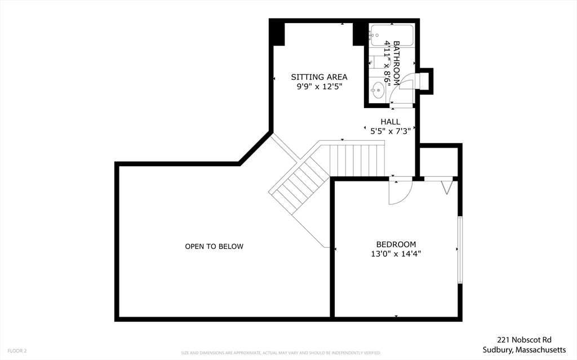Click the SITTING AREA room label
(x=319, y=77)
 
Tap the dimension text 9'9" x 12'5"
(x=319, y=87)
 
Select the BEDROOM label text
(x=396, y=244)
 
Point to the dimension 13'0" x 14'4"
(x=396, y=254)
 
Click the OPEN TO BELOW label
(x=214, y=246)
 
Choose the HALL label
(x=390, y=121)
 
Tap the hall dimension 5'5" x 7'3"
(x=390, y=131)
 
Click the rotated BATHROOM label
(x=396, y=62)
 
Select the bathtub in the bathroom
(x=392, y=35)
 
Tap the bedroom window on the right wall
(x=460, y=250)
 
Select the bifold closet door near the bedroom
(x=447, y=186)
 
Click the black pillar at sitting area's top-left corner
(x=277, y=33)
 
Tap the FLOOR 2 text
(x=16, y=350)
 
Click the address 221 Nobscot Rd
(x=523, y=340)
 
